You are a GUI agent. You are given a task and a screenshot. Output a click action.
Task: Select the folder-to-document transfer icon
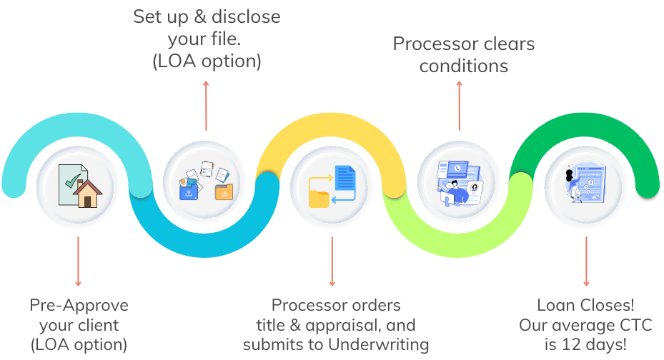tap(332, 186)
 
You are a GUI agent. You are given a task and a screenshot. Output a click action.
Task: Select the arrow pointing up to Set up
tap(206, 106)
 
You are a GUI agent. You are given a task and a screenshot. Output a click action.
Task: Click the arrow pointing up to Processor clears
tap(460, 106)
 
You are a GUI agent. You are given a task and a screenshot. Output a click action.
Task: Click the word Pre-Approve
tap(79, 306)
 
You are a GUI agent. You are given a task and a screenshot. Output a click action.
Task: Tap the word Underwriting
tap(379, 345)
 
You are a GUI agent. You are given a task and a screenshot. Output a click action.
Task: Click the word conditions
tap(463, 66)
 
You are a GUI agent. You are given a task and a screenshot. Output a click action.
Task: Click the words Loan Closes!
tap(586, 306)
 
